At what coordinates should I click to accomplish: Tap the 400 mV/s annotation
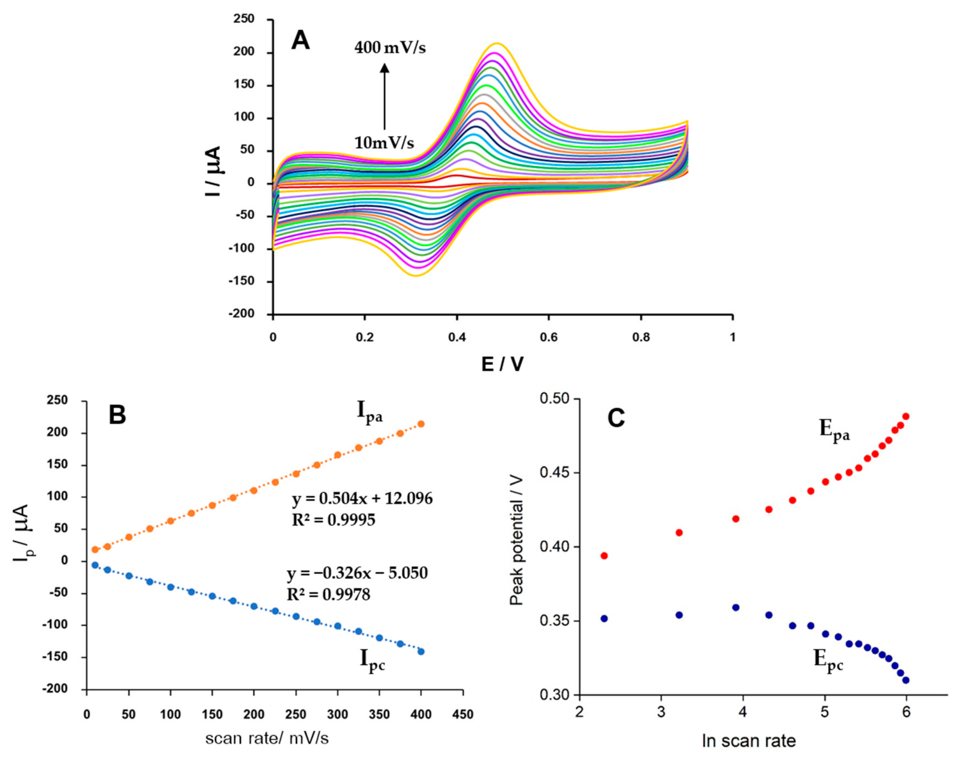coord(390,48)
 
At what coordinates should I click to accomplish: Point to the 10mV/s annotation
coord(384,143)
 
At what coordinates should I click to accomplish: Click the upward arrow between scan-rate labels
coord(384,95)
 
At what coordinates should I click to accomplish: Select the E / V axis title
coord(502,365)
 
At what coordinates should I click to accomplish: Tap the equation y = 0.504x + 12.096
coord(362,498)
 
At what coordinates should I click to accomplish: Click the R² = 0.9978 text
coord(328,594)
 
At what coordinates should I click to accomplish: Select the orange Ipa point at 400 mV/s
coord(421,424)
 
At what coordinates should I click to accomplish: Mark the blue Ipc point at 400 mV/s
coord(421,651)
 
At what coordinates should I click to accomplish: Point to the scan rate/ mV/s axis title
coord(267,738)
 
